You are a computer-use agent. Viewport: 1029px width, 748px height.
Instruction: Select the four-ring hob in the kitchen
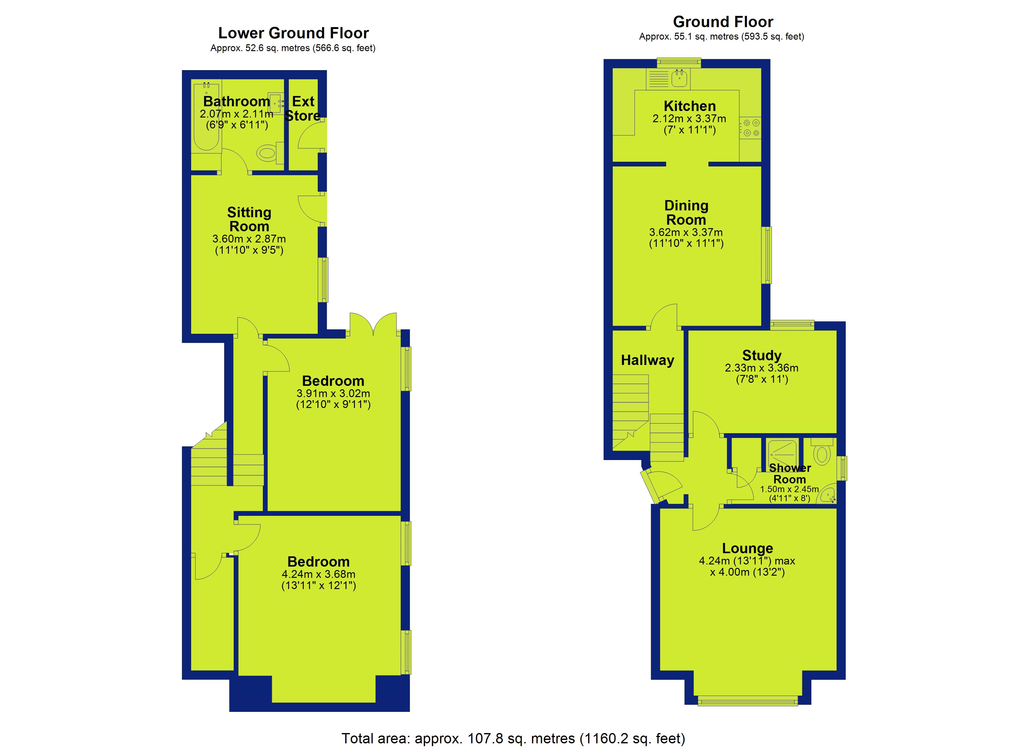[751, 128]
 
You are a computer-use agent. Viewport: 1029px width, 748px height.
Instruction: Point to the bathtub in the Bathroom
[206, 116]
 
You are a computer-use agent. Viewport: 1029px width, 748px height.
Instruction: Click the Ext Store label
[303, 108]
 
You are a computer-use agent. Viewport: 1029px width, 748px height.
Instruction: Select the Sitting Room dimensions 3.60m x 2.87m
[249, 239]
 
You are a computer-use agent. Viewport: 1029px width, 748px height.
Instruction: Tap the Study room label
[762, 355]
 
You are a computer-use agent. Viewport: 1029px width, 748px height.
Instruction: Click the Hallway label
[647, 360]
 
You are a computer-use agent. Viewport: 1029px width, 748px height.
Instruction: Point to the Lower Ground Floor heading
[293, 33]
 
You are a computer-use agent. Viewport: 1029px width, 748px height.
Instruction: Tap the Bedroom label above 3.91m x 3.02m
[333, 381]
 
